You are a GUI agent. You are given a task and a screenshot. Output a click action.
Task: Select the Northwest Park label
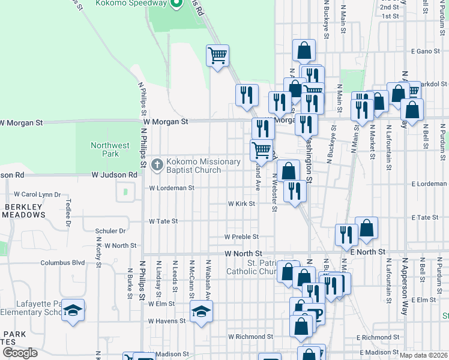tap(110, 149)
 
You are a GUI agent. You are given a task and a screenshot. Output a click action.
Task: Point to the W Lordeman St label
tap(172, 188)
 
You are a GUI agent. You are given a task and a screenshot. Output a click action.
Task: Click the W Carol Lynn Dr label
tap(37, 195)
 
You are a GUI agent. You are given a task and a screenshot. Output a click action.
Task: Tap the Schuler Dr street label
tap(110, 230)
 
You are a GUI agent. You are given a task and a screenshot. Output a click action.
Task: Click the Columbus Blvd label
tap(62, 263)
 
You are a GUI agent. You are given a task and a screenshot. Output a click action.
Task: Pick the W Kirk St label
tap(241, 204)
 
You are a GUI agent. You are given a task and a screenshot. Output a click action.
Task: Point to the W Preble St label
tap(241, 237)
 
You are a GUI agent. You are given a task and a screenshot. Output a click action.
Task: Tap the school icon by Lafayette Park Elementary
tap(73, 310)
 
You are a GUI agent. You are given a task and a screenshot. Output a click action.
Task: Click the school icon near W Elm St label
tap(202, 311)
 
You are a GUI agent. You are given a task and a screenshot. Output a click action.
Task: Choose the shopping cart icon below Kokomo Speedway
tap(217, 56)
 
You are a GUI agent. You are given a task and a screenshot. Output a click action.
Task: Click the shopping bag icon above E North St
tap(366, 228)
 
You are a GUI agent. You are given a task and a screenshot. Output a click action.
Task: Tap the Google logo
tap(19, 353)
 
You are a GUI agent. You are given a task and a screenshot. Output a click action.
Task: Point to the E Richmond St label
tap(373, 338)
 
